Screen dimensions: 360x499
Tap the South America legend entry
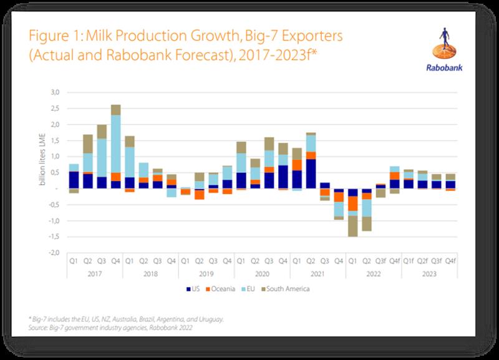pos(286,288)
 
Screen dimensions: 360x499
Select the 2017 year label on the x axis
pos(95,273)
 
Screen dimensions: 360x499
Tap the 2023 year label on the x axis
pos(429,273)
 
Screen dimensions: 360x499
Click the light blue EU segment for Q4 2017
pos(116,144)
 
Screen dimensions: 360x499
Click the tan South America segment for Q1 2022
pos(352,226)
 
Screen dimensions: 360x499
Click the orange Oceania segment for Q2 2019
pos(200,194)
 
